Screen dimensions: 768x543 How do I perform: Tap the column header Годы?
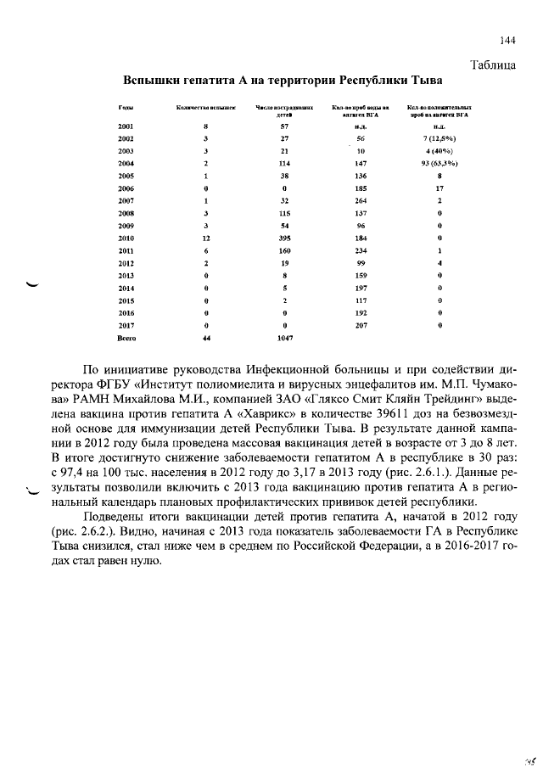(123, 108)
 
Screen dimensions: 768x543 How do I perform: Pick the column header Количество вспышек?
(205, 108)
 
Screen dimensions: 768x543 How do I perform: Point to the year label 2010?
(126, 238)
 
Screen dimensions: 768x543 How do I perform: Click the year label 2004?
(126, 163)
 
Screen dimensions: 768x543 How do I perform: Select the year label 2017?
(126, 325)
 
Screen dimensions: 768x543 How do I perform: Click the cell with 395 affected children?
(285, 238)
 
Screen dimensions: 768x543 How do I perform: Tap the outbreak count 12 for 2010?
(205, 238)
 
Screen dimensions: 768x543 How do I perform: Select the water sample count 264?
(360, 201)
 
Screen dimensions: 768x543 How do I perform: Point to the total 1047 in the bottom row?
(285, 338)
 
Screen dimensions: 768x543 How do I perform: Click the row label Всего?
(126, 338)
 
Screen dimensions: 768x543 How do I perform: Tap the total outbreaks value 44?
(205, 338)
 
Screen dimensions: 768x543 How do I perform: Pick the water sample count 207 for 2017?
(360, 325)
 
